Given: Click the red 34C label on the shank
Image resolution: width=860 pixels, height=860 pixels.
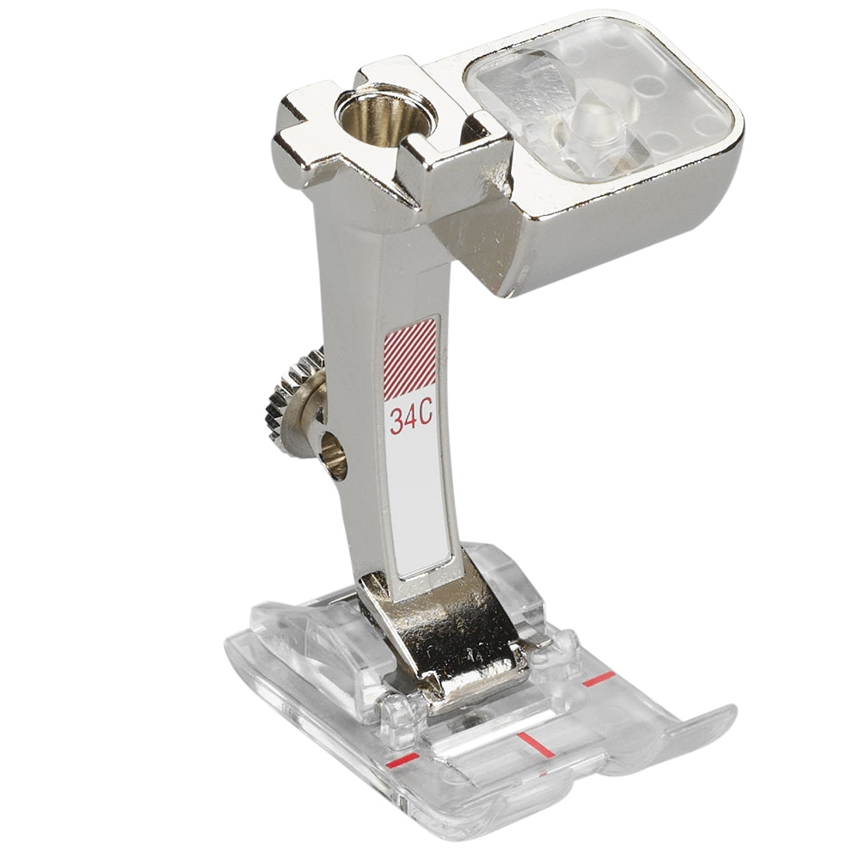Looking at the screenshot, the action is pos(411,421).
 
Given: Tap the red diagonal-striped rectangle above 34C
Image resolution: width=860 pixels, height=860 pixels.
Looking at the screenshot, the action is pos(411,359).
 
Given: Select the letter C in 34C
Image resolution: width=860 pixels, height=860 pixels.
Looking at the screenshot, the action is pos(427,420).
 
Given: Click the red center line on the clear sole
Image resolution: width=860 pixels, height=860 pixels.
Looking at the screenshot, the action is pos(530,740).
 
